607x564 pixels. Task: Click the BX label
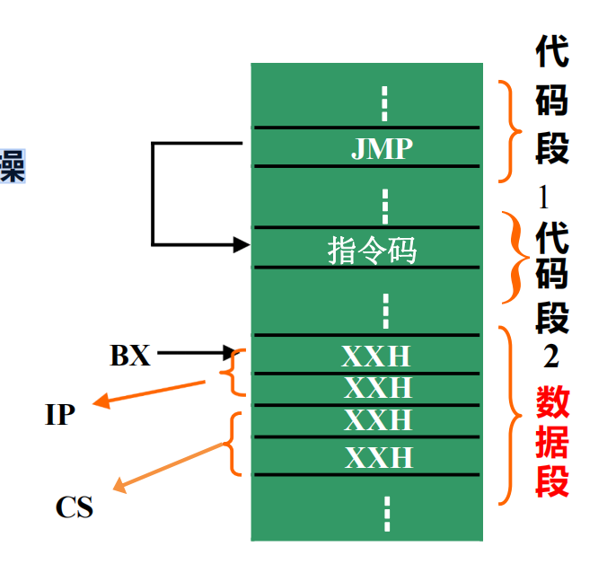(130, 356)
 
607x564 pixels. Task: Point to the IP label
(60, 415)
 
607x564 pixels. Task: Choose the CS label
(75, 507)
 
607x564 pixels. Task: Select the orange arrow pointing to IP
(153, 393)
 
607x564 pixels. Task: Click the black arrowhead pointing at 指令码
(240, 244)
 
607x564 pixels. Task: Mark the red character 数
(553, 401)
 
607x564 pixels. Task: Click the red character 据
(553, 441)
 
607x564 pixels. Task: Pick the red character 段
(553, 480)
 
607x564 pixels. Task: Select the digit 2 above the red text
(550, 357)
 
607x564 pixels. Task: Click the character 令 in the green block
(373, 249)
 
